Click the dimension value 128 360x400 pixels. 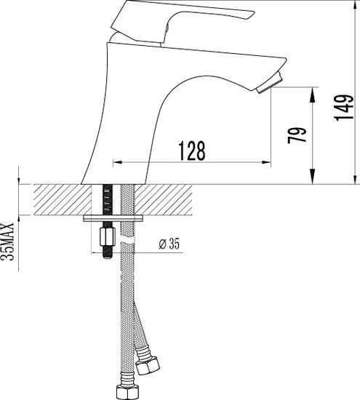pos(191,150)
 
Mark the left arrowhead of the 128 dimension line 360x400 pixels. pos(116,162)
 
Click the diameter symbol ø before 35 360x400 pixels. pos(160,244)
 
